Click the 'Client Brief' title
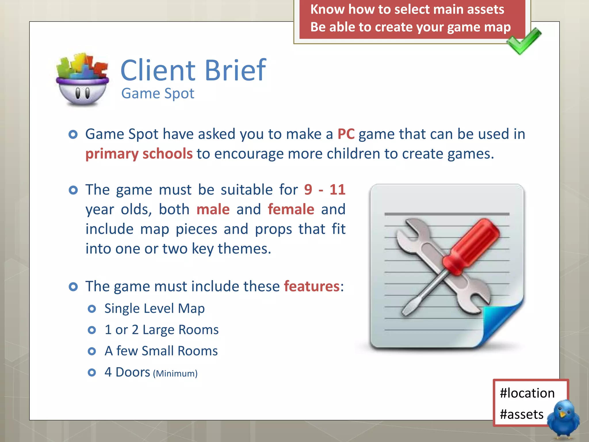click(193, 70)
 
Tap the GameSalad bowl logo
click(83, 80)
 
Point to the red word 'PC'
click(346, 134)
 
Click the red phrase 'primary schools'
click(139, 154)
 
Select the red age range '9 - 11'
click(324, 190)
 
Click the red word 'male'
click(213, 209)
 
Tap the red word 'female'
click(291, 209)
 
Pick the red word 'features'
click(312, 287)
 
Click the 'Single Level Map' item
click(154, 308)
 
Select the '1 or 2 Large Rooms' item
click(161, 330)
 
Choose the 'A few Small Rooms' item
click(161, 351)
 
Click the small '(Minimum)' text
click(175, 374)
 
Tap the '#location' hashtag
click(527, 393)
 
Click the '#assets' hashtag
click(521, 414)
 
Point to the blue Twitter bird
click(563, 419)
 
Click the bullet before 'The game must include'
click(73, 287)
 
